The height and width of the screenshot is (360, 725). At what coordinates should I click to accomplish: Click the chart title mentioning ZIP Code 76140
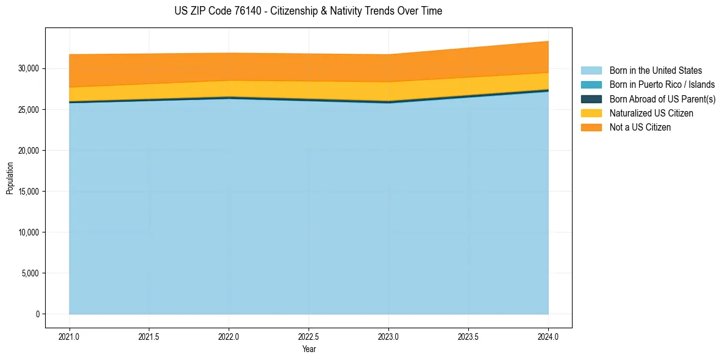308,11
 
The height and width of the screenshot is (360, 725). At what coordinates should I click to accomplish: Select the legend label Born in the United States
655,71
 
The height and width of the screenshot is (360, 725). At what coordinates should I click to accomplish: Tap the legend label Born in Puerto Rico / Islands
662,85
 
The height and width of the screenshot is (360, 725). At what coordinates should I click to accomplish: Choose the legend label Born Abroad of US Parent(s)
662,99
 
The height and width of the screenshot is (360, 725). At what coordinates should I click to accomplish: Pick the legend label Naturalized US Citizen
651,113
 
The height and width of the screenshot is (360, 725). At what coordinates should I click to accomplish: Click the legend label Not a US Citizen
640,128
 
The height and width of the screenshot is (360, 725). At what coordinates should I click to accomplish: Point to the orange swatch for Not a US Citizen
591,128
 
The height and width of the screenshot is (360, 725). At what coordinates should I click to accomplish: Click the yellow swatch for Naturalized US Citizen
591,113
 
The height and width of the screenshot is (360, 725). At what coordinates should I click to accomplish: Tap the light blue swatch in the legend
591,71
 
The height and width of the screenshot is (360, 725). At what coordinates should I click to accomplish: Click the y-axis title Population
10,178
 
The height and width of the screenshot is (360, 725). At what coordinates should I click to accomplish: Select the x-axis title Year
309,350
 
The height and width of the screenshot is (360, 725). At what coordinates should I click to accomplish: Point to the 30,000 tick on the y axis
27,68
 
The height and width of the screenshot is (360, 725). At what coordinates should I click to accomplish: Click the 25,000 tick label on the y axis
27,110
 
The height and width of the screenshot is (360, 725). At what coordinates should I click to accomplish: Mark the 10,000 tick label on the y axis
27,232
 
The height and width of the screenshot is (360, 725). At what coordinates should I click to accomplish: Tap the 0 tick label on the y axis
37,314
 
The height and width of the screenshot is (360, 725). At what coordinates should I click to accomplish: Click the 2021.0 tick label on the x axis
70,337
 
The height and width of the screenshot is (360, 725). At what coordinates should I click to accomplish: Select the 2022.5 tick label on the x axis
309,337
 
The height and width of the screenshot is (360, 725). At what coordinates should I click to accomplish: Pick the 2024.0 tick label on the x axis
548,337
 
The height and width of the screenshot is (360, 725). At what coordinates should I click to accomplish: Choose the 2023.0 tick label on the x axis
388,337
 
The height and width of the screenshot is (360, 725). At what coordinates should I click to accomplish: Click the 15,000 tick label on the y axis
27,192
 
